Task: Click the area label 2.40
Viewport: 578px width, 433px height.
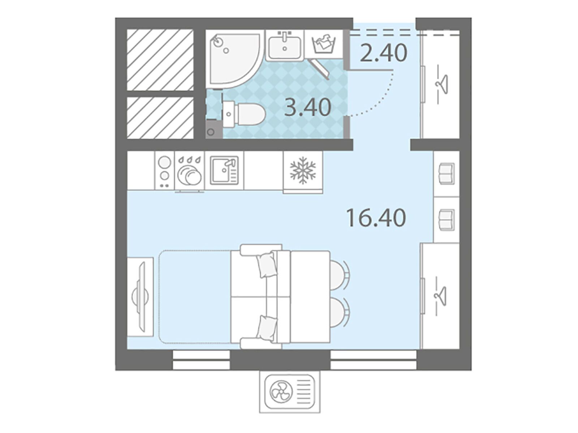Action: click(383, 53)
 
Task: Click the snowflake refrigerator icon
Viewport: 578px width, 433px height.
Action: click(303, 170)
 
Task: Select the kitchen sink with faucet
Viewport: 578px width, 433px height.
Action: click(224, 170)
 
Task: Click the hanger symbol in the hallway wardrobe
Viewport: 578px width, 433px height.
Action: click(442, 84)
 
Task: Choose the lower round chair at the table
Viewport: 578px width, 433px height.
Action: click(339, 312)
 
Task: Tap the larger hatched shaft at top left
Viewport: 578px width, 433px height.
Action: click(160, 60)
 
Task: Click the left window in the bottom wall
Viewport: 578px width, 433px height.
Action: click(201, 360)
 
